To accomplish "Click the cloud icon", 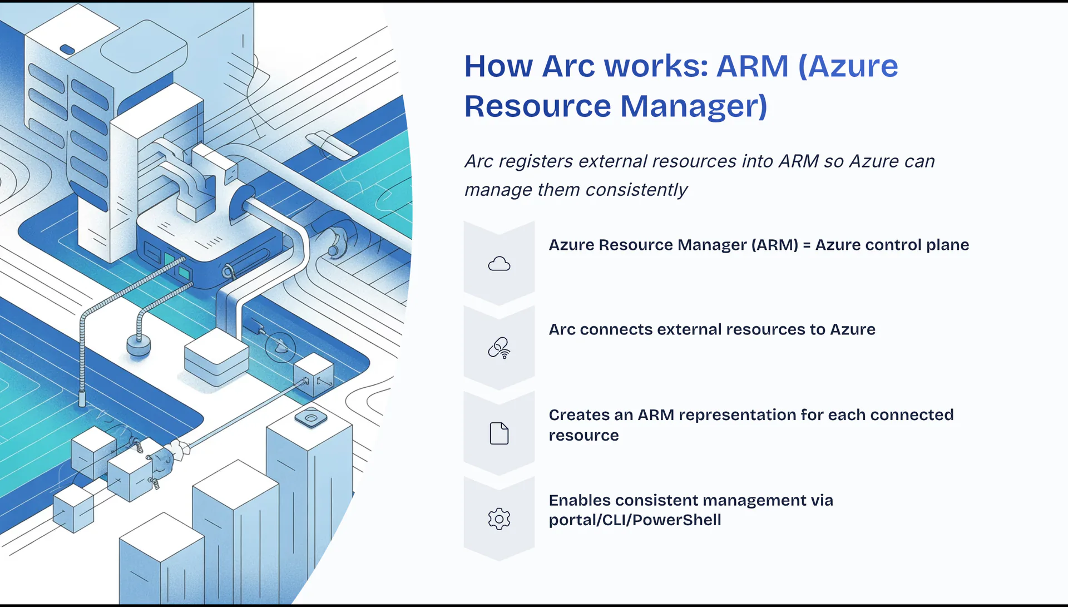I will click(499, 264).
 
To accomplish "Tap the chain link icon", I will click(499, 348).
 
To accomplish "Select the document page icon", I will click(499, 433).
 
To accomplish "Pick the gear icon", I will click(499, 519).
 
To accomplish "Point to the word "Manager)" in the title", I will click(694, 106).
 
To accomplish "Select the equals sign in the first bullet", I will click(807, 245).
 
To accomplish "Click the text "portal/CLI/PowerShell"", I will click(635, 520).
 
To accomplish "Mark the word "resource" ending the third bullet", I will click(584, 436).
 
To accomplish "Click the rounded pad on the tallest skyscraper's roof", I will click(311, 418).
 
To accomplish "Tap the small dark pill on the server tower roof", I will click(67, 50).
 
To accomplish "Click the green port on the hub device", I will click(169, 259).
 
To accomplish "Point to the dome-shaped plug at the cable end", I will click(139, 346).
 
